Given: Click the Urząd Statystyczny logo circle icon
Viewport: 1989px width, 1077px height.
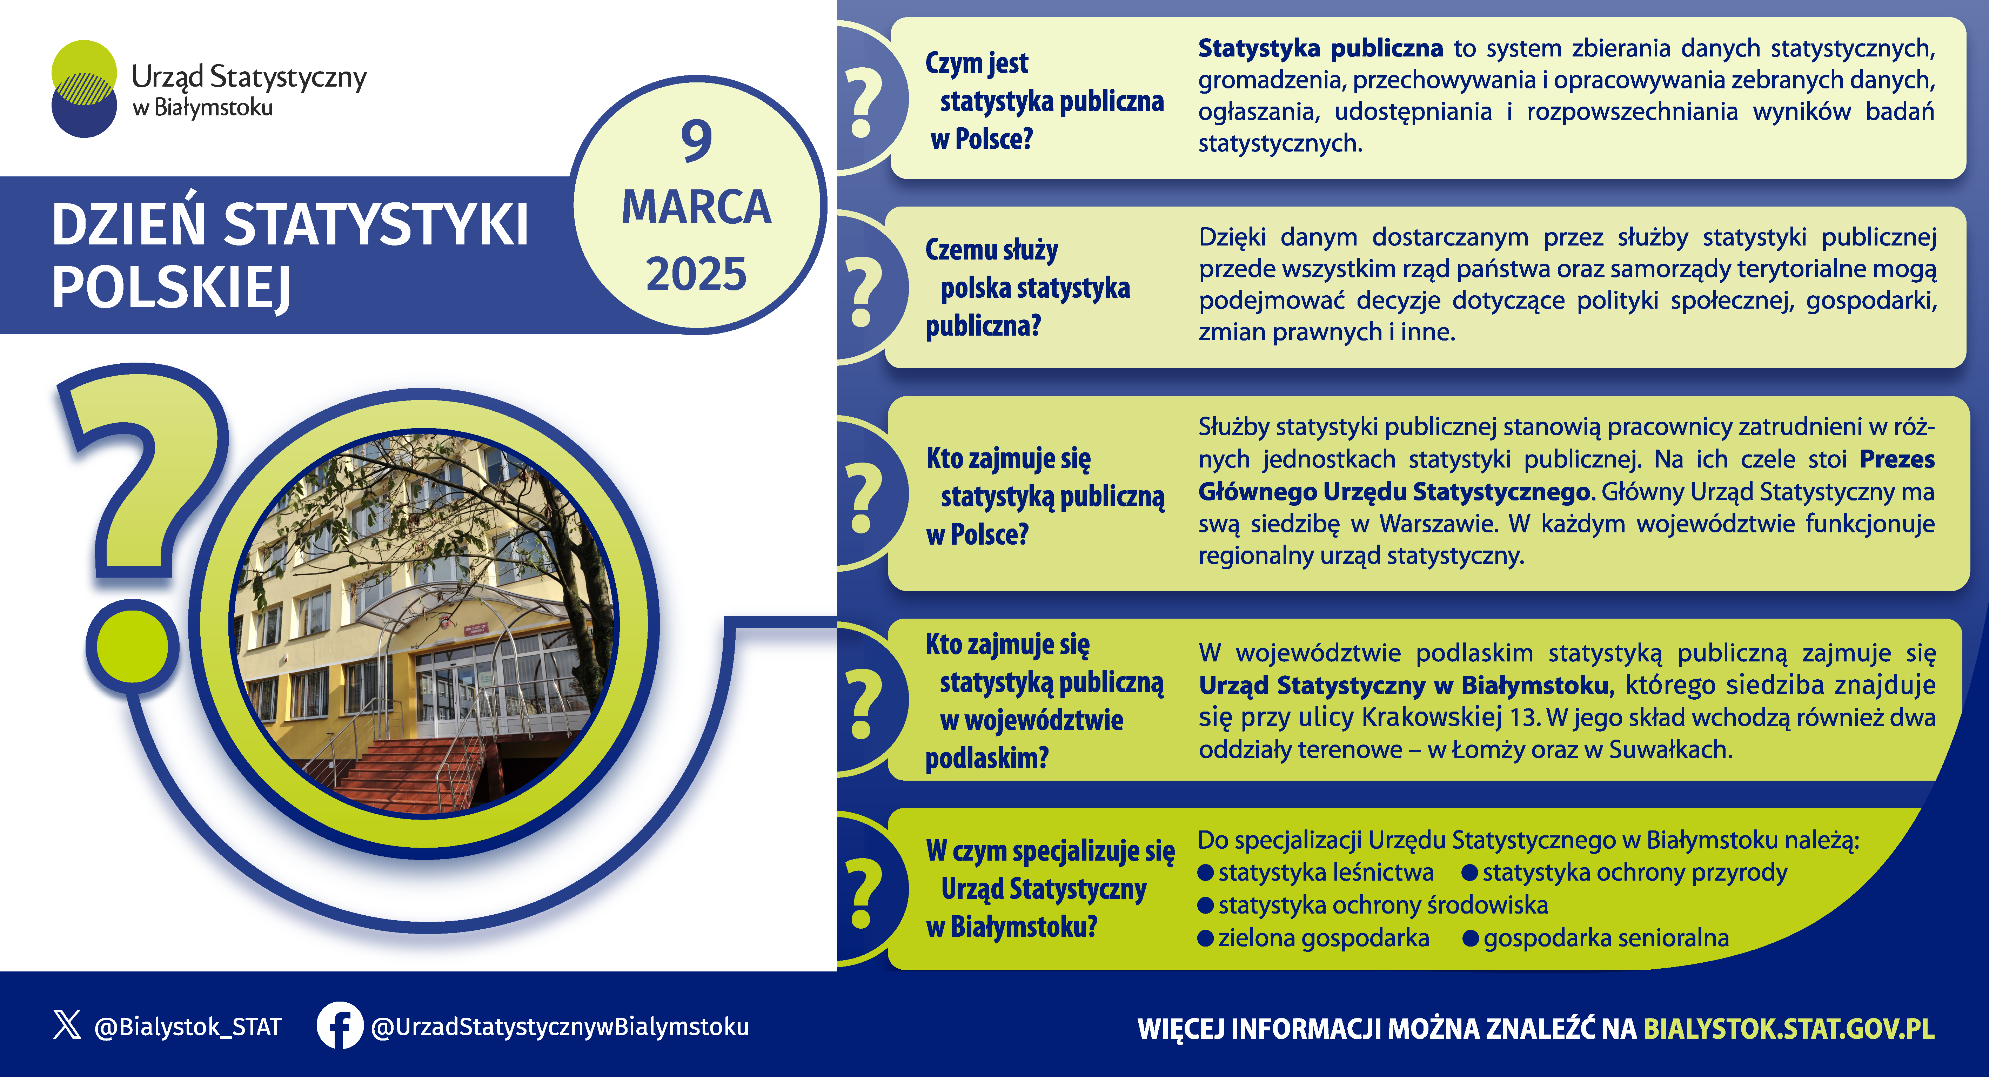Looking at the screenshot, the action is click(x=84, y=89).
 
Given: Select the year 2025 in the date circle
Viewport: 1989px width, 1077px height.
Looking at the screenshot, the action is click(x=696, y=274).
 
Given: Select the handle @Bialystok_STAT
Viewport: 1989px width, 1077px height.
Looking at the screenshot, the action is click(x=188, y=1027).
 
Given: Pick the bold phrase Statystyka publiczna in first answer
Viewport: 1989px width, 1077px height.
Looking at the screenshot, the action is click(x=1320, y=48).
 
